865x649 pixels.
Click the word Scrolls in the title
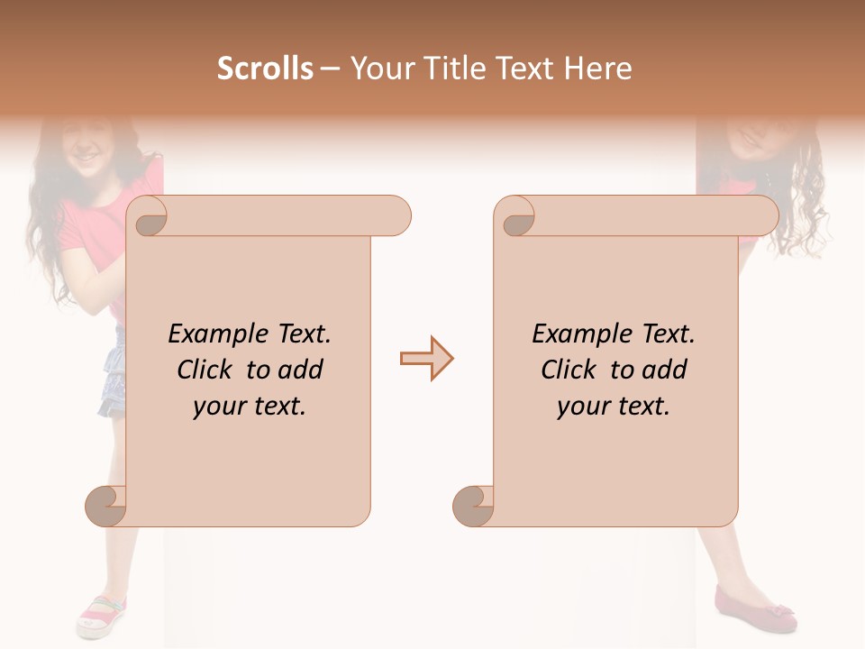[266, 69]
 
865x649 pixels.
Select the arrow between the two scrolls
[426, 359]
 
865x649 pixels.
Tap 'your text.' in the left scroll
[250, 407]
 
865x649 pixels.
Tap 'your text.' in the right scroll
[614, 407]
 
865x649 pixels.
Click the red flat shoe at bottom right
[755, 609]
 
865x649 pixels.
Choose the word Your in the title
[376, 69]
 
